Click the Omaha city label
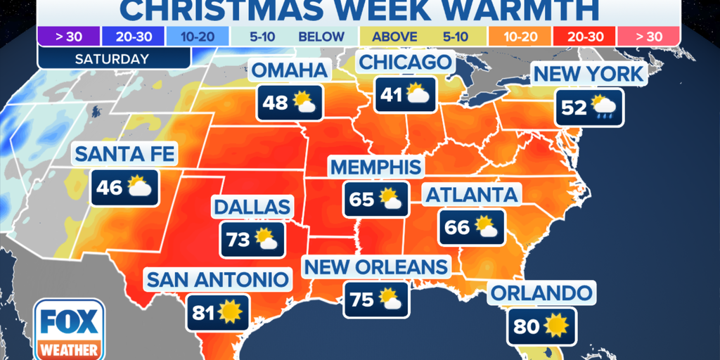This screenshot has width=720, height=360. pos(290,71)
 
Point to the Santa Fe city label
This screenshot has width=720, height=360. pos(124,153)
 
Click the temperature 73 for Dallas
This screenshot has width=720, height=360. pos(238,240)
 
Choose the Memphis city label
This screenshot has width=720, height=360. pos(376,167)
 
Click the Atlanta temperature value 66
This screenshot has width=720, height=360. pos(458,226)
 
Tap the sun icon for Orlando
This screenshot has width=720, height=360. pos(557,325)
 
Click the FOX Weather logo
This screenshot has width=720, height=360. pos(69,328)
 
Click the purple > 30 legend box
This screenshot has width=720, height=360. pos(61,36)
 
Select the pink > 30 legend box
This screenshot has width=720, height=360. pos(649,36)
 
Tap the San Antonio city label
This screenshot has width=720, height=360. pos(217,279)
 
